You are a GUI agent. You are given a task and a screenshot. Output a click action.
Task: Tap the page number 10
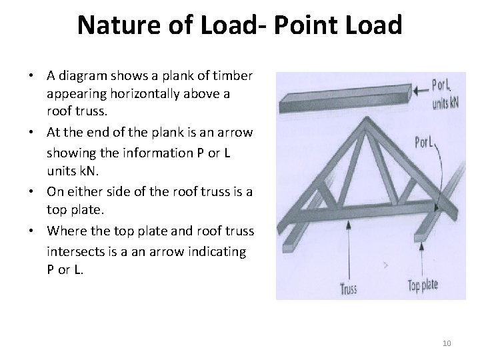447,343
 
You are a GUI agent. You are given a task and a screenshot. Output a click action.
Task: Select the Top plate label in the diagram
423,285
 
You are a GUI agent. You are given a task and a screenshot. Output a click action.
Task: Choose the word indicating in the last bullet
222,253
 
